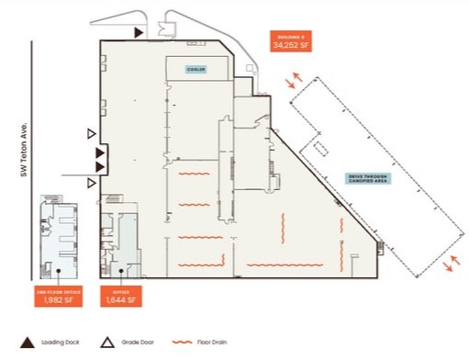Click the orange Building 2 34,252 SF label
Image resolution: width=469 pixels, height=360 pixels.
[289, 39]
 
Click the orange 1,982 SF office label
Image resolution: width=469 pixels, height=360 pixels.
[58, 295]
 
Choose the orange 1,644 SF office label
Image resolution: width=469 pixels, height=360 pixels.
[119, 295]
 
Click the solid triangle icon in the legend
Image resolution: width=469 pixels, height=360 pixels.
[29, 343]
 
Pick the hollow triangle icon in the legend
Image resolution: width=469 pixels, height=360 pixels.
[106, 343]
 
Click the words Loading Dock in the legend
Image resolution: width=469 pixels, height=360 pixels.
[62, 343]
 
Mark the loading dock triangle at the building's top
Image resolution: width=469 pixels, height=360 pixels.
[138, 32]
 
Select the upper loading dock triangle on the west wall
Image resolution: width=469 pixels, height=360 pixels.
[100, 152]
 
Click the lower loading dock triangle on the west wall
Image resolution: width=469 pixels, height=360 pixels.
[100, 167]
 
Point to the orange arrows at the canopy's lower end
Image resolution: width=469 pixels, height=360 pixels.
[451, 264]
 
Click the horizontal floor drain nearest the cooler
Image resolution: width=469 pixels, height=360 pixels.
[193, 172]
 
